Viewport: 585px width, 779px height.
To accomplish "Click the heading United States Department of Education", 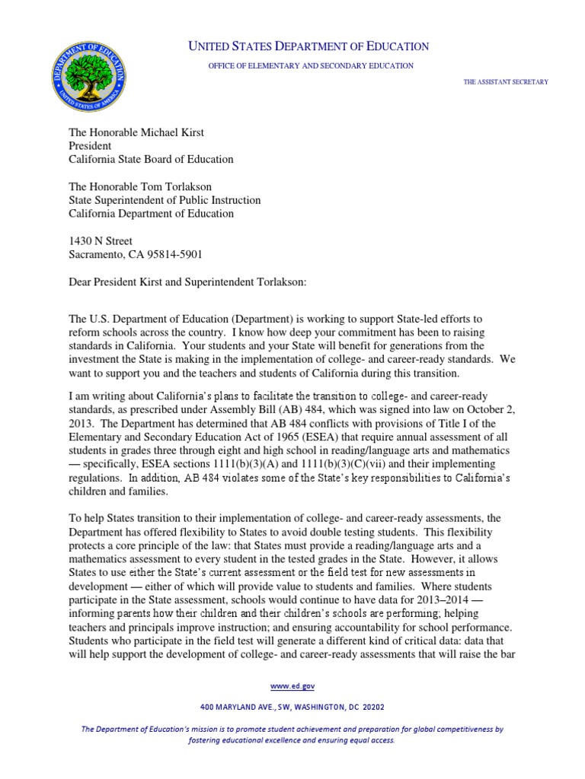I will point(308,47).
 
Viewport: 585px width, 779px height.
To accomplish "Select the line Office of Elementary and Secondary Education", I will point(311,66).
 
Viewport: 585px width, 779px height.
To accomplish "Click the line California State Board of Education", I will point(152,160).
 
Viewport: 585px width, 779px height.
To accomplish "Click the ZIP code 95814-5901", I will point(176,255).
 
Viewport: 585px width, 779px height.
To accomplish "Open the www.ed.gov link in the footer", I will point(292,686).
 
